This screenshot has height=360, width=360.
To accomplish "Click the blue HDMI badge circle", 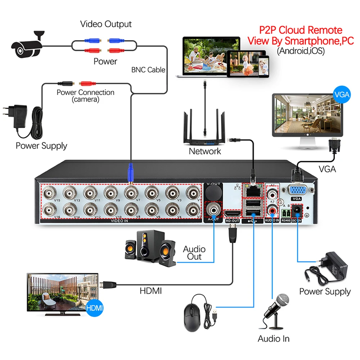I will [x=95, y=308].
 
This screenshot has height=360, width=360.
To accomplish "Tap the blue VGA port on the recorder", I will [x=296, y=190].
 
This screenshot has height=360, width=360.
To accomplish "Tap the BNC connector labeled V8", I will [x=130, y=209].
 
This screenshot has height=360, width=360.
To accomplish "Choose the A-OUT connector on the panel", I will [x=213, y=209].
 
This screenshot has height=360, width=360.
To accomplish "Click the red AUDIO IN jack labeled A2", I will [x=272, y=209].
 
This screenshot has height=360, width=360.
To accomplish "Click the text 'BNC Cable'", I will [x=148, y=69].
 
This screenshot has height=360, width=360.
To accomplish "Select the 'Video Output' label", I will [x=106, y=24].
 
